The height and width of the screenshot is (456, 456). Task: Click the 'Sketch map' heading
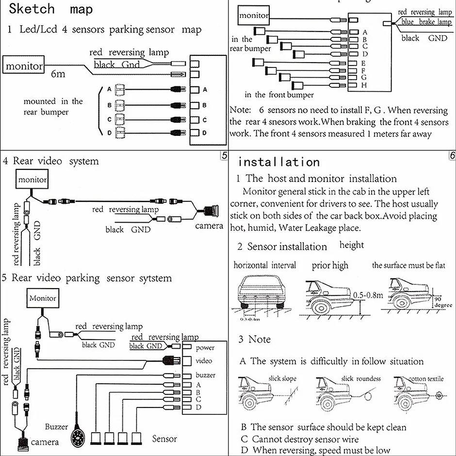point(51,9)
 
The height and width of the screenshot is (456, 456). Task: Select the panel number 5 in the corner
point(224,156)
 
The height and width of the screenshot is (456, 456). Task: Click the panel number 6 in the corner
point(452,156)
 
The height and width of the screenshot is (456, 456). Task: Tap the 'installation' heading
point(278,162)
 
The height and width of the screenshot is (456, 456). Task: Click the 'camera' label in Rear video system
point(209,226)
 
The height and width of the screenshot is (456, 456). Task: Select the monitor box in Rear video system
point(33,180)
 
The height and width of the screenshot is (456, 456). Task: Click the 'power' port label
point(205,347)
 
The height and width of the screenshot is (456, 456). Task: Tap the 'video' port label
point(204,361)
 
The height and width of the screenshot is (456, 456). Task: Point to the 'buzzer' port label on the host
point(206,375)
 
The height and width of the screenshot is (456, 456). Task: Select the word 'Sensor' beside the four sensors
point(164,439)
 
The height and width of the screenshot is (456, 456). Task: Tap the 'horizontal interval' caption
point(264,265)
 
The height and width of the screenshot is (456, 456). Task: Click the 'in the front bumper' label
point(279,95)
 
